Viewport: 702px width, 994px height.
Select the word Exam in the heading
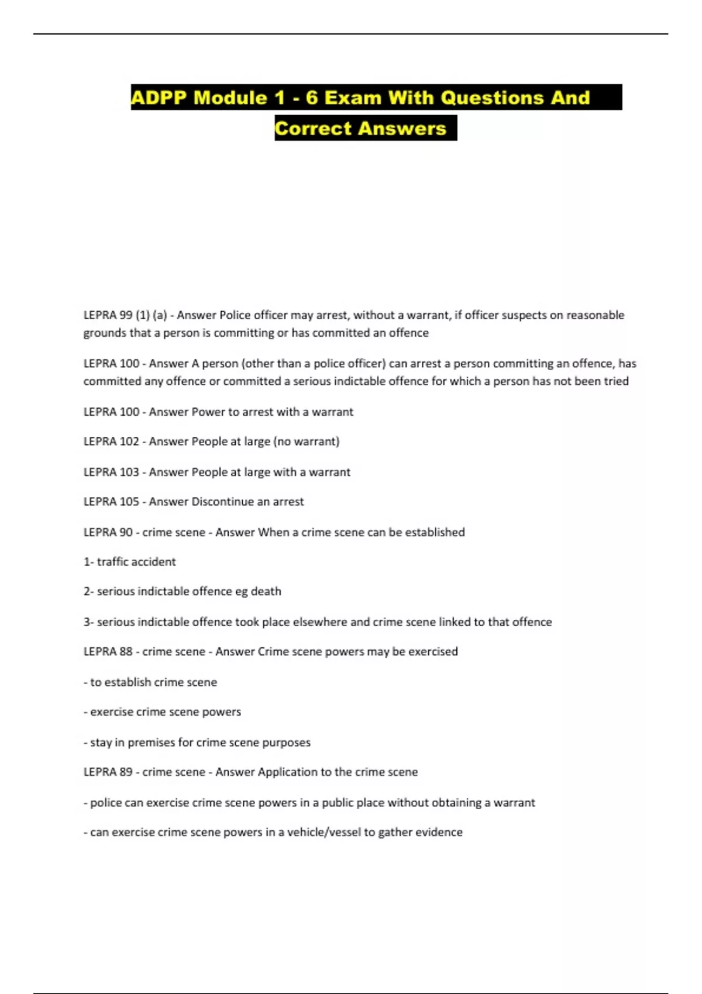coord(352,98)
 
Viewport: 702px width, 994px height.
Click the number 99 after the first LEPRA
coord(126,315)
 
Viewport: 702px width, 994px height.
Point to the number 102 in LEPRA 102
coord(129,441)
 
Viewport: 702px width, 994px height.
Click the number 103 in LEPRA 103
coord(129,472)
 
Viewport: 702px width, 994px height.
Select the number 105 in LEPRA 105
coord(129,502)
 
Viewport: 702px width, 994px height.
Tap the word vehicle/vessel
coord(319,832)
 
